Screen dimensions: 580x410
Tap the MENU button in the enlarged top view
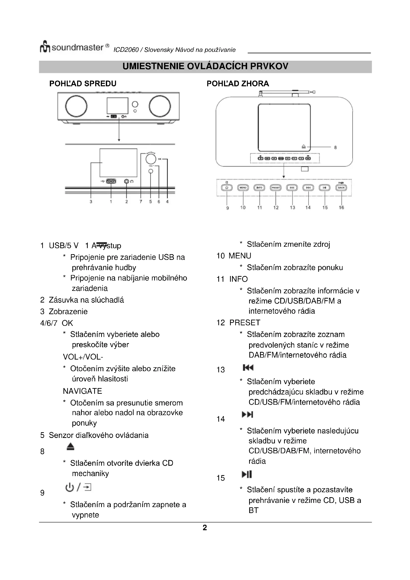click(243, 188)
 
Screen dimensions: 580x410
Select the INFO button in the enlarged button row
click(259, 188)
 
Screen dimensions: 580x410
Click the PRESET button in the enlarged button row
click(276, 188)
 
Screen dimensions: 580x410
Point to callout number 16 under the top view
click(341, 207)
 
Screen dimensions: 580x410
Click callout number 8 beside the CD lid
click(335, 148)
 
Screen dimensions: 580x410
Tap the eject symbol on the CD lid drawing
click(304, 147)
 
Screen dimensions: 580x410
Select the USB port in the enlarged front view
click(111, 181)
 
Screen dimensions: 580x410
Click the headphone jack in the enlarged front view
click(126, 181)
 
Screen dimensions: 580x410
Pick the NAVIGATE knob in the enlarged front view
click(151, 159)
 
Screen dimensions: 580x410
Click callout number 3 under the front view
click(91, 202)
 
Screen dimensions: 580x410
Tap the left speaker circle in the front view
click(76, 106)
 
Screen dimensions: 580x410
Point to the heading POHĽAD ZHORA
click(237, 84)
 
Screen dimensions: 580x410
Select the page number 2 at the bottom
click(205, 527)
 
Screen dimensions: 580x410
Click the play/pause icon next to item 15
click(247, 474)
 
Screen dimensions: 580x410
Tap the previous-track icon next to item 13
click(248, 367)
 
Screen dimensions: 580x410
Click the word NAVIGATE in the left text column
click(82, 391)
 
